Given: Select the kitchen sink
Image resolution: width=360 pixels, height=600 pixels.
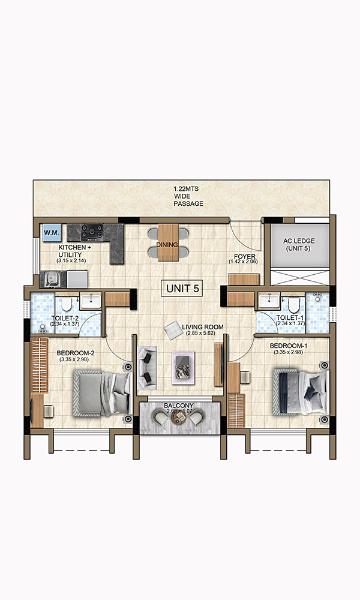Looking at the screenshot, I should [x=52, y=279].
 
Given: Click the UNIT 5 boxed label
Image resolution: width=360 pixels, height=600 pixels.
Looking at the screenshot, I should [x=183, y=289].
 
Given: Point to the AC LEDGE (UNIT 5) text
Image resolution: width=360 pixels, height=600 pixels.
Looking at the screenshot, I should [x=299, y=245].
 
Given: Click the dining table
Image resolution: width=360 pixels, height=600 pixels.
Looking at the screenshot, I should [x=168, y=242].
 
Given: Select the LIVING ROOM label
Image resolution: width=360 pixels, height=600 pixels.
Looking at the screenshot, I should [x=203, y=327].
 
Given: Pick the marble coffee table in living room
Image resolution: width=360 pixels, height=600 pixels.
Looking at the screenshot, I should [x=183, y=367].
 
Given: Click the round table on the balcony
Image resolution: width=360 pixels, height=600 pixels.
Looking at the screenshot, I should [x=179, y=418].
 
